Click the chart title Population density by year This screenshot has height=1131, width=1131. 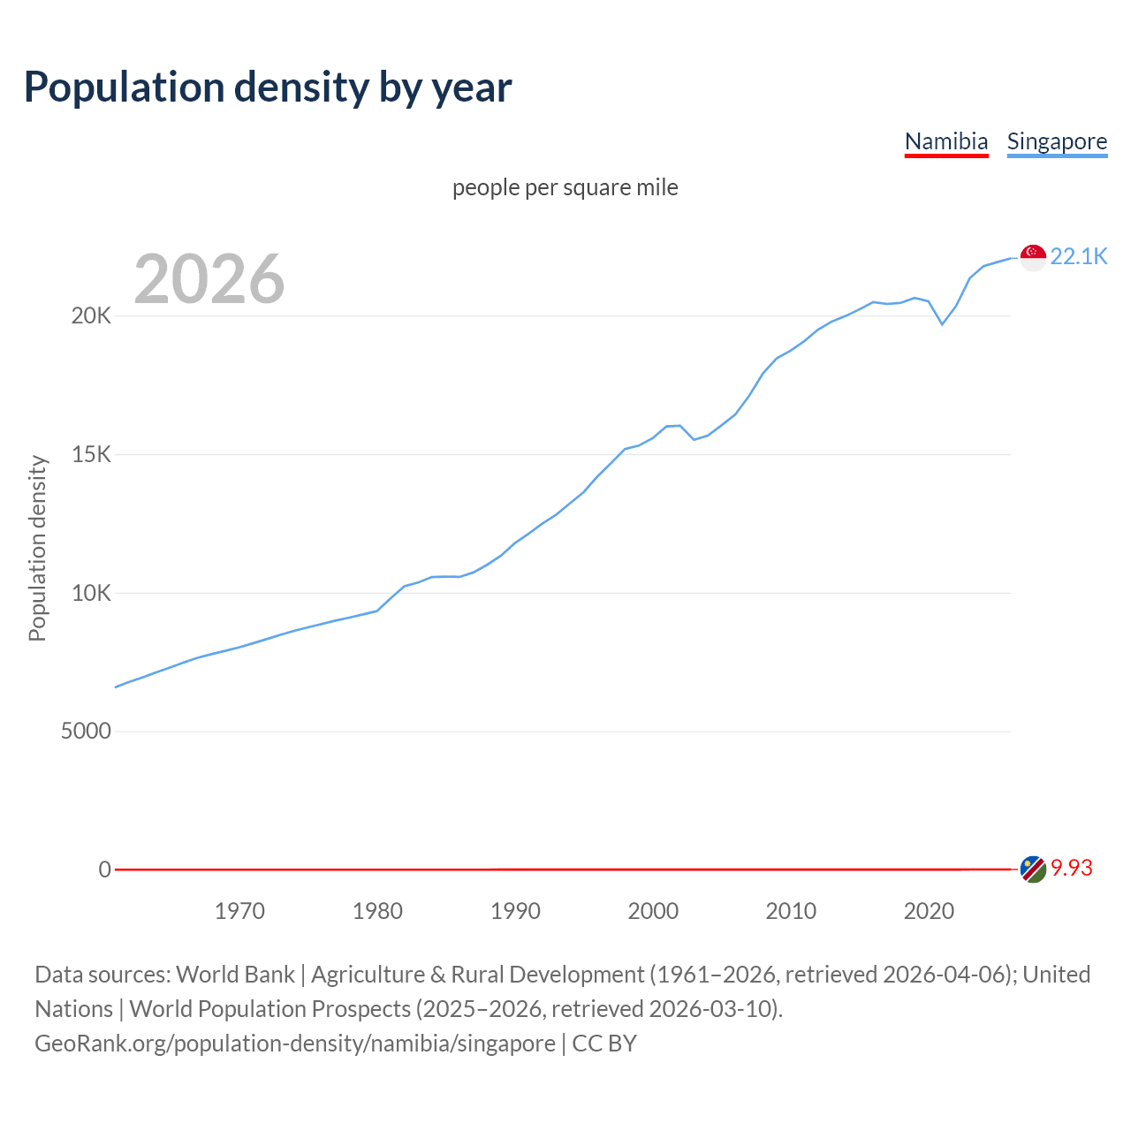click(x=268, y=87)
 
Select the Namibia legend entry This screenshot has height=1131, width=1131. click(x=945, y=141)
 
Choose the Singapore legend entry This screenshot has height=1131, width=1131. click(x=1057, y=141)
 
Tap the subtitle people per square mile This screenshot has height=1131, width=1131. click(x=565, y=187)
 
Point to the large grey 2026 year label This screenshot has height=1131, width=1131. click(x=209, y=279)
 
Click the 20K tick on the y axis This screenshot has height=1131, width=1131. click(x=91, y=316)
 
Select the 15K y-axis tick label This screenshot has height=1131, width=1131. click(x=91, y=455)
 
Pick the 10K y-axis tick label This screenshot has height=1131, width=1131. click(x=91, y=593)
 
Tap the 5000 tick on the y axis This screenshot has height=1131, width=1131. click(x=86, y=732)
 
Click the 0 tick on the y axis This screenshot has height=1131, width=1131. click(x=104, y=869)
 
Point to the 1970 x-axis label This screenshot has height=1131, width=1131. click(x=239, y=911)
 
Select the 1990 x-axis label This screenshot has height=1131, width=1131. click(x=515, y=911)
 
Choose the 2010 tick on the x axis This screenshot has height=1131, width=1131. click(x=791, y=911)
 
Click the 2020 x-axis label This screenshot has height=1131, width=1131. click(x=929, y=911)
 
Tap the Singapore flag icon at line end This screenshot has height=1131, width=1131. click(x=1033, y=257)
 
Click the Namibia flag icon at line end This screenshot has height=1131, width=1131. click(x=1033, y=869)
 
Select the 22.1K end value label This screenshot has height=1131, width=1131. click(x=1078, y=256)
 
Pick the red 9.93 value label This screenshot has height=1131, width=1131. click(x=1071, y=869)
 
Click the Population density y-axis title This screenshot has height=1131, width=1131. click(x=37, y=548)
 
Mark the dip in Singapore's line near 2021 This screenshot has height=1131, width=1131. click(x=942, y=324)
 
